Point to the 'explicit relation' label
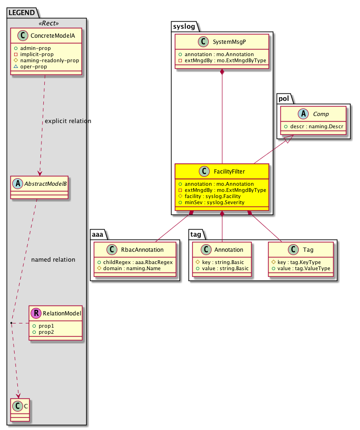(x=68, y=121)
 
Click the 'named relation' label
(x=53, y=259)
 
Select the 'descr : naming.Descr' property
(x=314, y=126)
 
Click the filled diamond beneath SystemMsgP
(x=222, y=72)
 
